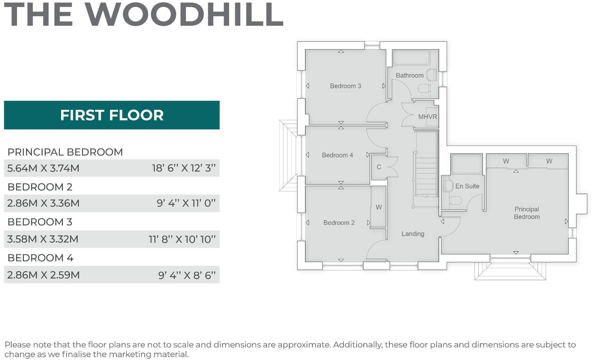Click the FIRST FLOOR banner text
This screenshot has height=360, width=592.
pyautogui.click(x=112, y=115)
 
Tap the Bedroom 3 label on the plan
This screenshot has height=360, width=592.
pyautogui.click(x=345, y=86)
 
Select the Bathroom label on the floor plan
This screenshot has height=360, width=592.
pyautogui.click(x=409, y=75)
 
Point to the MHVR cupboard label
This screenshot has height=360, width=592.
pyautogui.click(x=427, y=117)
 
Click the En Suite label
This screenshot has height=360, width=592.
pyautogui.click(x=467, y=186)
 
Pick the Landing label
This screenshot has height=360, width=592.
pyautogui.click(x=413, y=234)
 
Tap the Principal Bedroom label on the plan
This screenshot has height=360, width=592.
pyautogui.click(x=526, y=213)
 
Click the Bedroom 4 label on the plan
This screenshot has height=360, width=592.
pyautogui.click(x=337, y=155)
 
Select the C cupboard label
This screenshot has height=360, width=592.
pyautogui.click(x=379, y=167)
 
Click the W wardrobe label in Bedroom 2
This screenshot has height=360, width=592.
pyautogui.click(x=379, y=207)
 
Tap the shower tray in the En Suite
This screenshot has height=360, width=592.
pyautogui.click(x=466, y=164)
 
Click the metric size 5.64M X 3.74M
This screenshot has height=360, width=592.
pyautogui.click(x=43, y=168)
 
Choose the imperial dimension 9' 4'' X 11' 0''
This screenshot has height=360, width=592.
pyautogui.click(x=186, y=203)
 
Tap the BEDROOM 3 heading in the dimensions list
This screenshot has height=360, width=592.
pyautogui.click(x=40, y=222)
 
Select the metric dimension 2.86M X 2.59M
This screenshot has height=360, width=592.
pyautogui.click(x=43, y=275)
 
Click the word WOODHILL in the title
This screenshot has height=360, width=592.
pyautogui.click(x=184, y=15)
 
